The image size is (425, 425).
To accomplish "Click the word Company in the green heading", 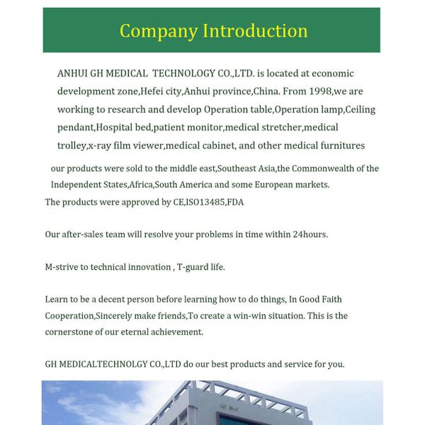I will (x=159, y=31).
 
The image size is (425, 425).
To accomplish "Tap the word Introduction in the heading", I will (x=255, y=31).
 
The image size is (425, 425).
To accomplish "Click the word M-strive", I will (x=62, y=267).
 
